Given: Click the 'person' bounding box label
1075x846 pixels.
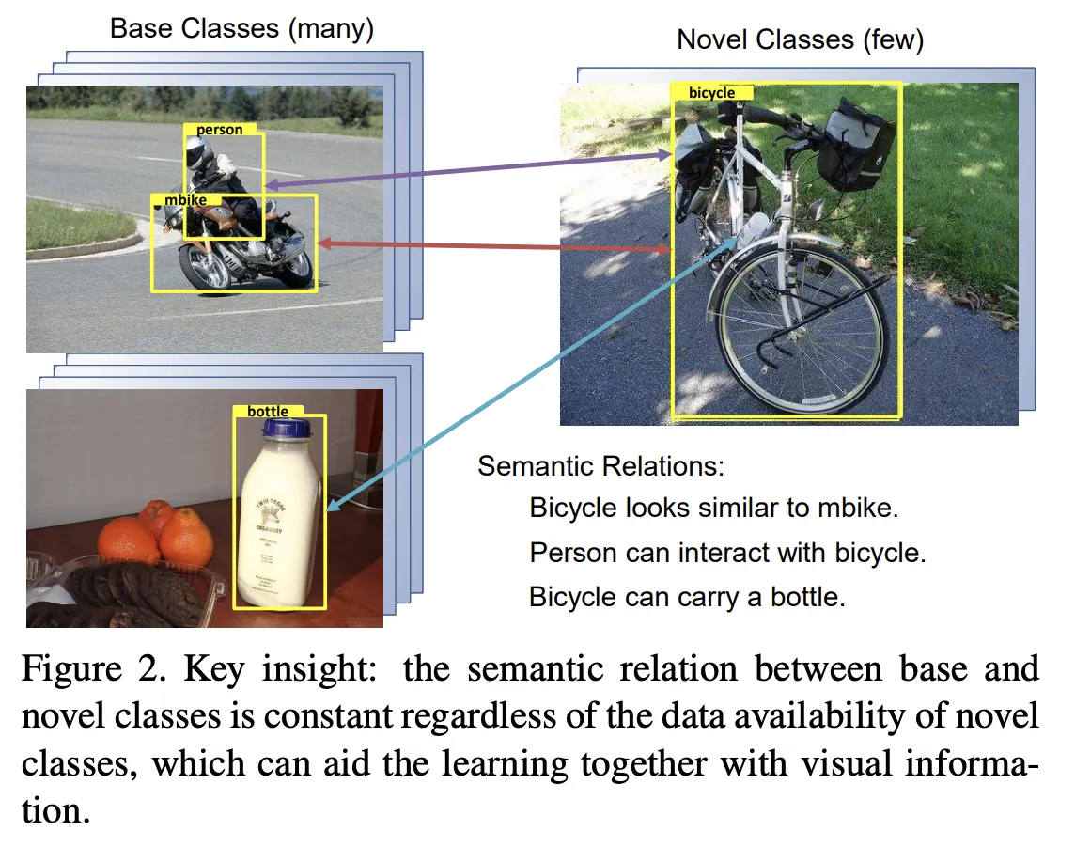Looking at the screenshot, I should pyautogui.click(x=220, y=130).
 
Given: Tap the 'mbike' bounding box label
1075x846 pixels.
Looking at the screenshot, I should pyautogui.click(x=185, y=199).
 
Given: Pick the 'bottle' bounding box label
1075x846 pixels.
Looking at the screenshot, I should pyautogui.click(x=268, y=411).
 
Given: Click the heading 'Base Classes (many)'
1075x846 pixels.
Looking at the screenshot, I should pyautogui.click(x=241, y=28).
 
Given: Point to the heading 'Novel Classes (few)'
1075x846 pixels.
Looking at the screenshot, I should pyautogui.click(x=800, y=39).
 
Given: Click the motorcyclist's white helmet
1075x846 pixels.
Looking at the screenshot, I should pyautogui.click(x=198, y=150).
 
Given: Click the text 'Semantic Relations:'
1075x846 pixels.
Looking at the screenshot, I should pyautogui.click(x=601, y=466).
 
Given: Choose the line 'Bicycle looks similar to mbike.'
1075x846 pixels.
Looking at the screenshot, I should pyautogui.click(x=714, y=509).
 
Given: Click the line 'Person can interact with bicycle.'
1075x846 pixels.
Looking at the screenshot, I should pyautogui.click(x=727, y=553).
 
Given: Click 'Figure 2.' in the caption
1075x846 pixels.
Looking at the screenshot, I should pyautogui.click(x=91, y=670).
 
